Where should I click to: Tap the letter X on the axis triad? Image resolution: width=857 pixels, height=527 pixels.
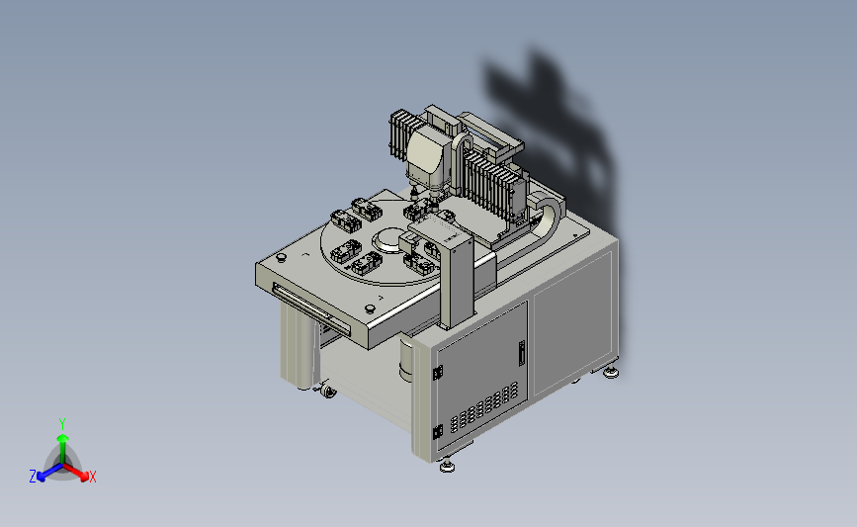click(92, 477)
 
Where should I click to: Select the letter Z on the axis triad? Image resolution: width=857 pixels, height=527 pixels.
click(33, 477)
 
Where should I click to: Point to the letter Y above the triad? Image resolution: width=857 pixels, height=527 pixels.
click(62, 424)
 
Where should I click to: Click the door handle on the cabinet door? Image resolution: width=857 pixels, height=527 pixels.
click(521, 353)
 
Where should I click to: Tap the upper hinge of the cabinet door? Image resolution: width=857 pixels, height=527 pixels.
click(438, 373)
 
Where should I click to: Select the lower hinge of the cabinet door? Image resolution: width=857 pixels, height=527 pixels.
click(438, 432)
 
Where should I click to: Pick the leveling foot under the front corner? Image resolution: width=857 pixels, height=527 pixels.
click(447, 466)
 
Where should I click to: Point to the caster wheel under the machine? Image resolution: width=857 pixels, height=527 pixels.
click(327, 391)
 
